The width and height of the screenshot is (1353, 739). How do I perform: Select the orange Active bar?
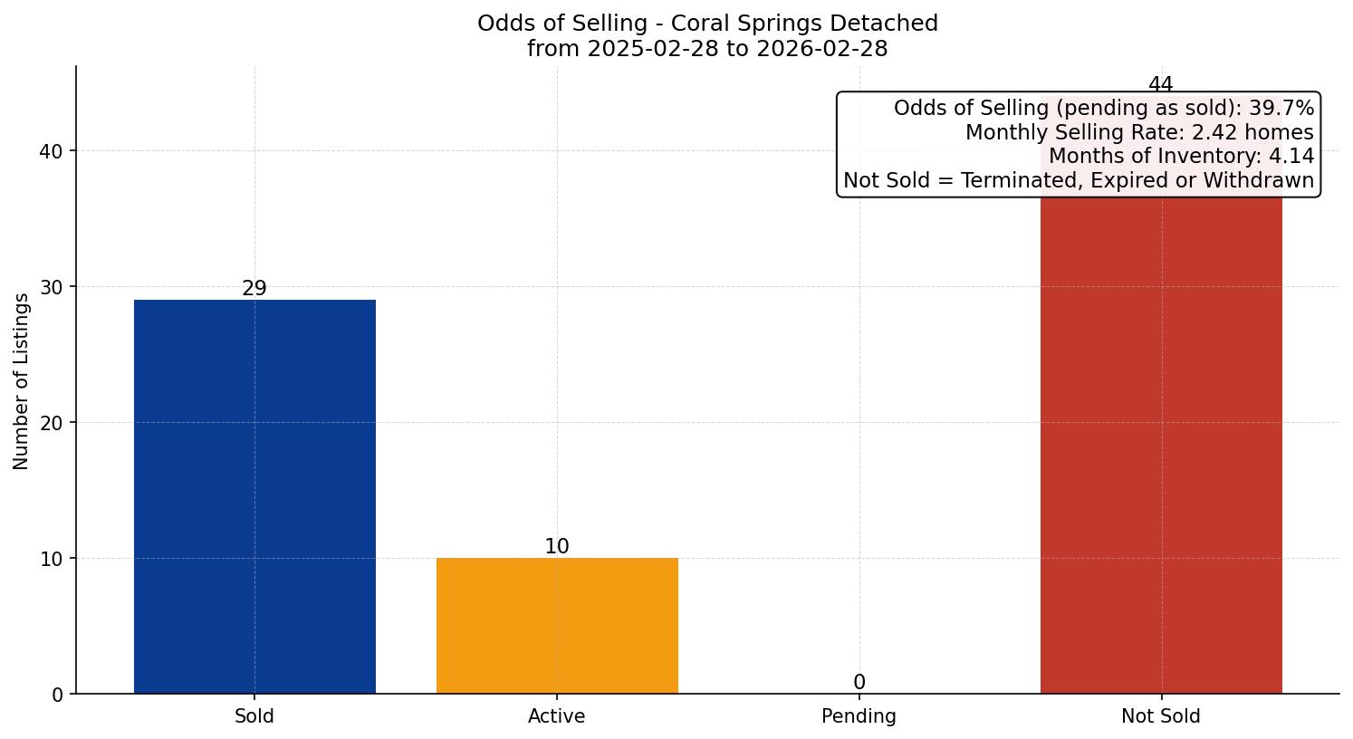[x=557, y=625]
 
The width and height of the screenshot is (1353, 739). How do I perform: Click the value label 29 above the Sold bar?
[x=254, y=289]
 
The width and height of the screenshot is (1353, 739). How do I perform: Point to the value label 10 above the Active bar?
[x=557, y=547]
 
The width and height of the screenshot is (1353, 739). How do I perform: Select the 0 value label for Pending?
[x=859, y=683]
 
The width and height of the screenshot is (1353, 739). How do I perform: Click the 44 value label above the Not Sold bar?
[x=1161, y=85]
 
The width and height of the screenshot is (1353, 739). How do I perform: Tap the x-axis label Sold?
[x=254, y=716]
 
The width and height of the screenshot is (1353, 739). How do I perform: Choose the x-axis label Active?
[x=557, y=716]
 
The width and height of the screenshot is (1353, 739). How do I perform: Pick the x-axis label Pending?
[x=859, y=716]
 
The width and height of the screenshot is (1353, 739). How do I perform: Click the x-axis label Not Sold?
[x=1161, y=716]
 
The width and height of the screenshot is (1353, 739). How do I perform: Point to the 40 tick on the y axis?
[x=52, y=151]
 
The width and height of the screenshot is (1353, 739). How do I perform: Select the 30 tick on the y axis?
[x=52, y=287]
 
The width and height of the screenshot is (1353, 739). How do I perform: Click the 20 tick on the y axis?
[x=52, y=423]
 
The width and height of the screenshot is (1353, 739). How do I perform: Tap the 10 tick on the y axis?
[x=52, y=559]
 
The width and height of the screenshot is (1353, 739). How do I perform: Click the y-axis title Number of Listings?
[x=22, y=381]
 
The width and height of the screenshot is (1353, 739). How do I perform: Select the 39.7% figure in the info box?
[x=1281, y=109]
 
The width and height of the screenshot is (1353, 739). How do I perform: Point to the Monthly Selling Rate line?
[x=1139, y=132]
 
